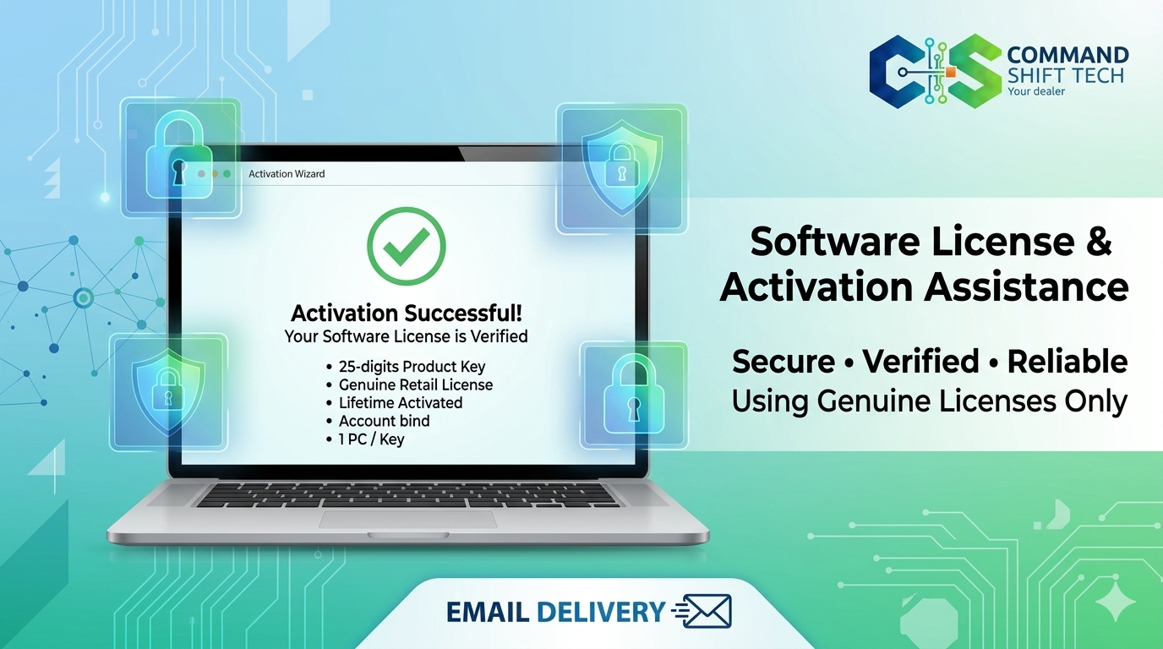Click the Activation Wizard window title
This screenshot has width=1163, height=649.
(287, 174)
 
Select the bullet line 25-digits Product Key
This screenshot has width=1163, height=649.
(412, 367)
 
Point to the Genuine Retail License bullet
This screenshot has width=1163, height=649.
(415, 384)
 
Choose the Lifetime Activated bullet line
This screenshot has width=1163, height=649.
(400, 403)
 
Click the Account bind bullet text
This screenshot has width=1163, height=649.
(384, 421)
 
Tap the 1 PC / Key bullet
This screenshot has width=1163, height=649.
(371, 439)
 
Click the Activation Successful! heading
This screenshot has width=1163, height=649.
(406, 314)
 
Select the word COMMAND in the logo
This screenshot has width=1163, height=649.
(1067, 56)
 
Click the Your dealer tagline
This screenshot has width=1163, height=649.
(1036, 91)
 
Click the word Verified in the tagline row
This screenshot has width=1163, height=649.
(920, 362)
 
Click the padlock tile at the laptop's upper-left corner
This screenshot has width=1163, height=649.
(180, 157)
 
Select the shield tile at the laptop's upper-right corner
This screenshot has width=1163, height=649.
(621, 167)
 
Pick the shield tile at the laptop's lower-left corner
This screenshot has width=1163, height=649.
(168, 391)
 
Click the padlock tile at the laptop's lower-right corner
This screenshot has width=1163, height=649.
(634, 395)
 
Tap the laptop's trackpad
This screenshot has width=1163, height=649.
(407, 519)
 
